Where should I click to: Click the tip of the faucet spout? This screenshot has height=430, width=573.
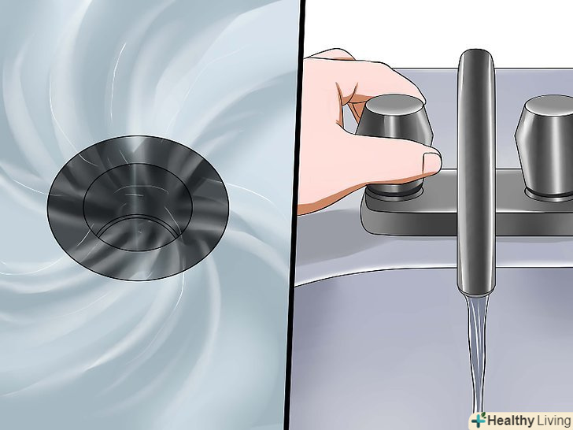coord(475,292)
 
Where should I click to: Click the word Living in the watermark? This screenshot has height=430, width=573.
coord(554,421)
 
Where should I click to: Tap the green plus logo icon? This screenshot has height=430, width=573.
coord(479,420)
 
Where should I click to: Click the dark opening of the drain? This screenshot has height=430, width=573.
coord(139,231)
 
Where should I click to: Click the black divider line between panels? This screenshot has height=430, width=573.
coord(294,215)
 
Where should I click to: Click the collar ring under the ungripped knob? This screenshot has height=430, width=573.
coord(549,195)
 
